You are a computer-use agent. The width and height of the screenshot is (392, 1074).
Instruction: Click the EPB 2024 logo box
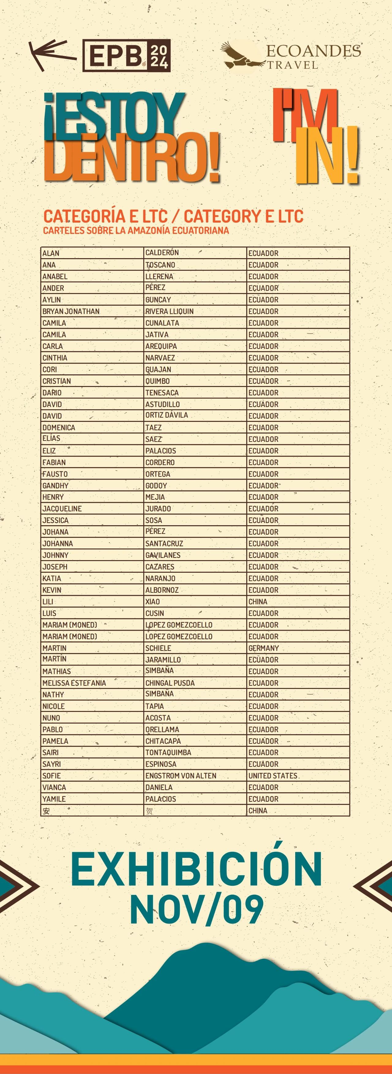(126, 56)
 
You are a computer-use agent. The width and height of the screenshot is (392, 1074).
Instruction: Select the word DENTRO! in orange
(131, 158)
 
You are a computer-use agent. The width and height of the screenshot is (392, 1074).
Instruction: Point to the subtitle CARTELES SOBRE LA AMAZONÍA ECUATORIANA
(136, 231)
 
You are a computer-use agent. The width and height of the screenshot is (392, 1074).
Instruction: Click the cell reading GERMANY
(263, 648)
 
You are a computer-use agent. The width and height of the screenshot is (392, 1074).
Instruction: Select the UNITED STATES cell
(273, 775)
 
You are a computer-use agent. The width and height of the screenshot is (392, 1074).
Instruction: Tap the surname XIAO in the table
(153, 602)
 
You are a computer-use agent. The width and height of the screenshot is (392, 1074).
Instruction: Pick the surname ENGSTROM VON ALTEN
(181, 775)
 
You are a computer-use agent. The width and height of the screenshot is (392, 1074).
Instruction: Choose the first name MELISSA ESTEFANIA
(74, 683)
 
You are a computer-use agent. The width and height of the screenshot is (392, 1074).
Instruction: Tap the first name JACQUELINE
(62, 509)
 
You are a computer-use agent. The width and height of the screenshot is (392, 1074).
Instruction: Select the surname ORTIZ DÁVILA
(167, 415)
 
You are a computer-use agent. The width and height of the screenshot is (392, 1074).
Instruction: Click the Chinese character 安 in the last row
(46, 811)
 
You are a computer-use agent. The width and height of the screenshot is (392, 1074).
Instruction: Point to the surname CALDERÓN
(162, 253)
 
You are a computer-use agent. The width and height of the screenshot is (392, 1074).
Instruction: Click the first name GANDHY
(55, 486)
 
